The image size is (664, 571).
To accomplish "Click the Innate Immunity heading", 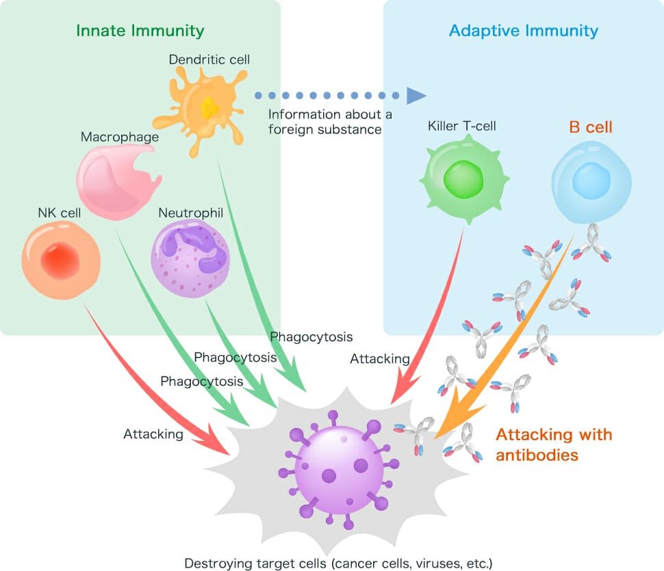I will (x=140, y=31).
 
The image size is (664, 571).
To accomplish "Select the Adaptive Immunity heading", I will (x=523, y=31).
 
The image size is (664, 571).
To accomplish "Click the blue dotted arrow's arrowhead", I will (x=416, y=95).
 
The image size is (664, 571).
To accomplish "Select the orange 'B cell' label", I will (x=590, y=127).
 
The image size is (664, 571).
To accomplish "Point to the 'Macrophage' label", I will (x=120, y=137).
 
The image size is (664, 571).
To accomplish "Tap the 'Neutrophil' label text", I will (x=191, y=213).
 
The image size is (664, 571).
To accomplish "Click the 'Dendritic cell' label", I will (x=209, y=60).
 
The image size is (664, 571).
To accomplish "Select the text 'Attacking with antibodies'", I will (x=553, y=444).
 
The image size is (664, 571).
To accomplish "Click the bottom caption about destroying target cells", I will (x=338, y=563).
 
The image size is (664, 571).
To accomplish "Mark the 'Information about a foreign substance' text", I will (x=324, y=121).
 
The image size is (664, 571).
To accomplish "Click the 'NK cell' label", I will (x=59, y=213).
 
